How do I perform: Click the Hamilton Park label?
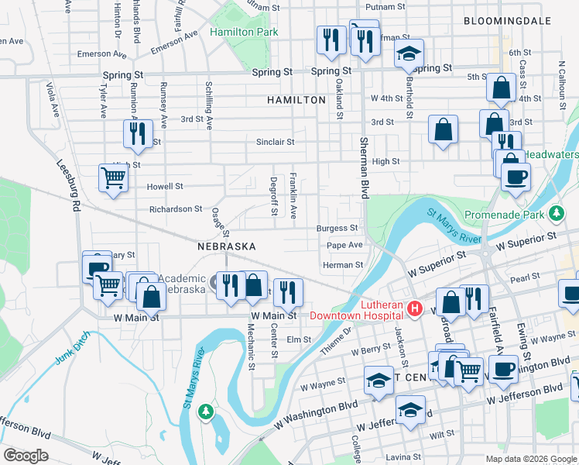coord(244,33)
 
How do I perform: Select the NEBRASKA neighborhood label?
coord(227,246)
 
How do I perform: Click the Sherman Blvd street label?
coord(363,167)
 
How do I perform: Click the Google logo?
coord(26,456)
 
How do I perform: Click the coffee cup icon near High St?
coord(515,176)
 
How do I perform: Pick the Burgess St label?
coord(337,229)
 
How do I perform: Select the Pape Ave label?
coord(344,245)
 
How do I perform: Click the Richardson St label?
coord(176,209)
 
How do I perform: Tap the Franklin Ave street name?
coord(293,195)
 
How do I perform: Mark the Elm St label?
coord(298,339)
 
